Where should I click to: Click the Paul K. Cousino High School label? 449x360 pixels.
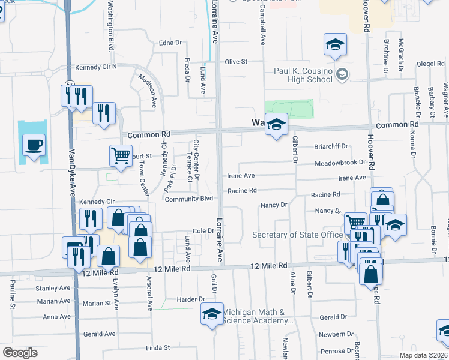tap(303, 75)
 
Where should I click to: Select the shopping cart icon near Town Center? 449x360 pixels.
tap(121, 155)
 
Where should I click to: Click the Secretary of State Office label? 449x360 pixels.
tap(297, 235)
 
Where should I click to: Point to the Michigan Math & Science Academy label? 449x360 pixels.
tap(258, 316)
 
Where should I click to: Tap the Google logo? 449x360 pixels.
tap(20, 352)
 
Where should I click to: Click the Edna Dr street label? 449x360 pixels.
tap(170, 43)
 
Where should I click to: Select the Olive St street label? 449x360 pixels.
tap(236, 62)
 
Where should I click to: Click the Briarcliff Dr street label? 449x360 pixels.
tap(331, 146)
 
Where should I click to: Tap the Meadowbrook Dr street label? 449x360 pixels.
tap(340, 163)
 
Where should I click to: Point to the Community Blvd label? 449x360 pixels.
tap(189, 199)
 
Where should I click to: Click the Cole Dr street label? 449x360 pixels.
tap(203, 231)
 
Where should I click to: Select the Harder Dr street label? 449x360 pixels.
tap(191, 299)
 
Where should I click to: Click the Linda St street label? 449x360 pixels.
tap(158, 347)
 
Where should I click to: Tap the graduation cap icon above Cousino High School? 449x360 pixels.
tap(336, 44)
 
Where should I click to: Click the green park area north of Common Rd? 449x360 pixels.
tap(289, 108)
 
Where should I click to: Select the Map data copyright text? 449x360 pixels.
tap(421, 355)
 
